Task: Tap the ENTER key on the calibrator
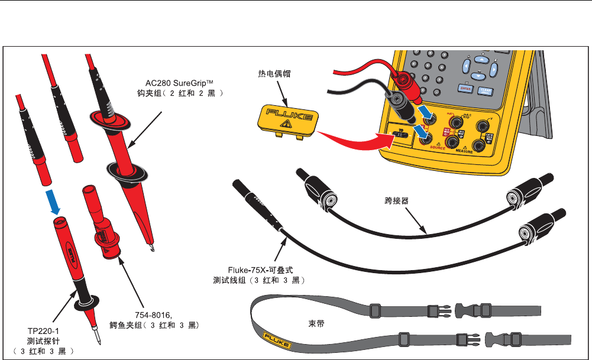pyautogui.click(x=465, y=87)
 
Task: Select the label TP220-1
pyautogui.click(x=41, y=332)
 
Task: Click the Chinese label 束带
pyautogui.click(x=318, y=324)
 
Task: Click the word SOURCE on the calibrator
pyautogui.click(x=438, y=148)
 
